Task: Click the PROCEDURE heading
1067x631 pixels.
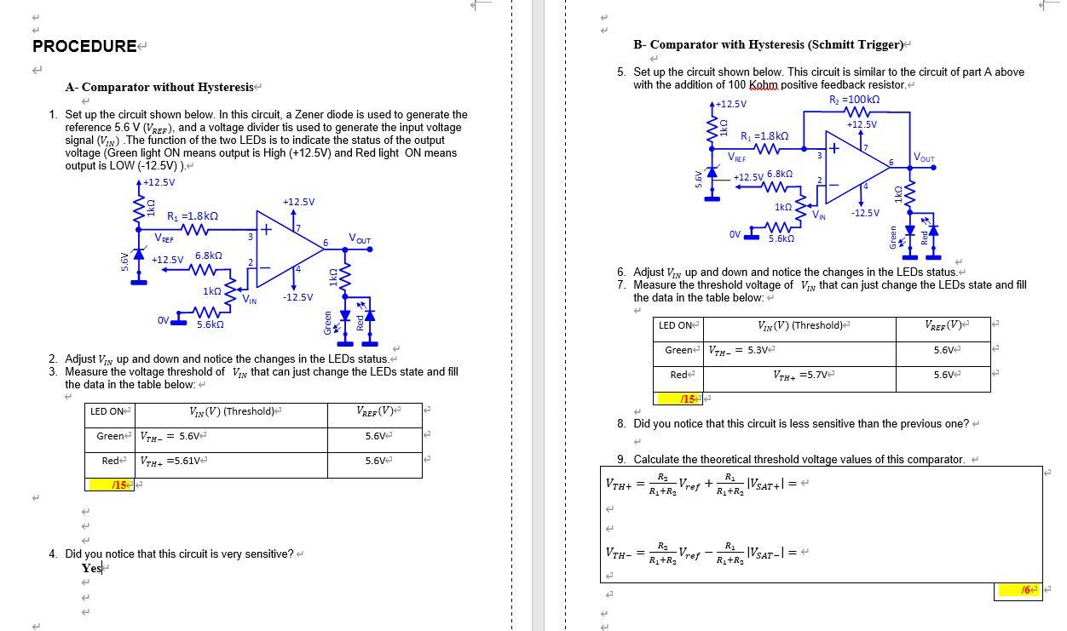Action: point(84,46)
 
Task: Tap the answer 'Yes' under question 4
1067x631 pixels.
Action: point(91,569)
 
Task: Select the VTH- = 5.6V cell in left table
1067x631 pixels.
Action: point(170,437)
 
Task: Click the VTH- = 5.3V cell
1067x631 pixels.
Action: point(739,351)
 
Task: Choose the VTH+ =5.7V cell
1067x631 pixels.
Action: point(803,376)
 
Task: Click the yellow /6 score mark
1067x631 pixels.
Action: point(1030,589)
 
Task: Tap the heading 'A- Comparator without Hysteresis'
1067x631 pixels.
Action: point(159,87)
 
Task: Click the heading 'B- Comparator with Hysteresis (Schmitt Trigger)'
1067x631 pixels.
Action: point(768,44)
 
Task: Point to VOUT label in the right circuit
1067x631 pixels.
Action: point(923,158)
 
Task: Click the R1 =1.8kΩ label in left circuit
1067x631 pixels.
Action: point(192,216)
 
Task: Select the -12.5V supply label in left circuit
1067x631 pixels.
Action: point(299,297)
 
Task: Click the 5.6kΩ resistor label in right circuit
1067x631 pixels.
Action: point(782,239)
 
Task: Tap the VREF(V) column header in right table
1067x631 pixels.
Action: point(943,325)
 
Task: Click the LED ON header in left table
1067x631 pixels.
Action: point(107,412)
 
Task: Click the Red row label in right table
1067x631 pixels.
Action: point(679,376)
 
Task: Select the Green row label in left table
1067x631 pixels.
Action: point(110,437)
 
